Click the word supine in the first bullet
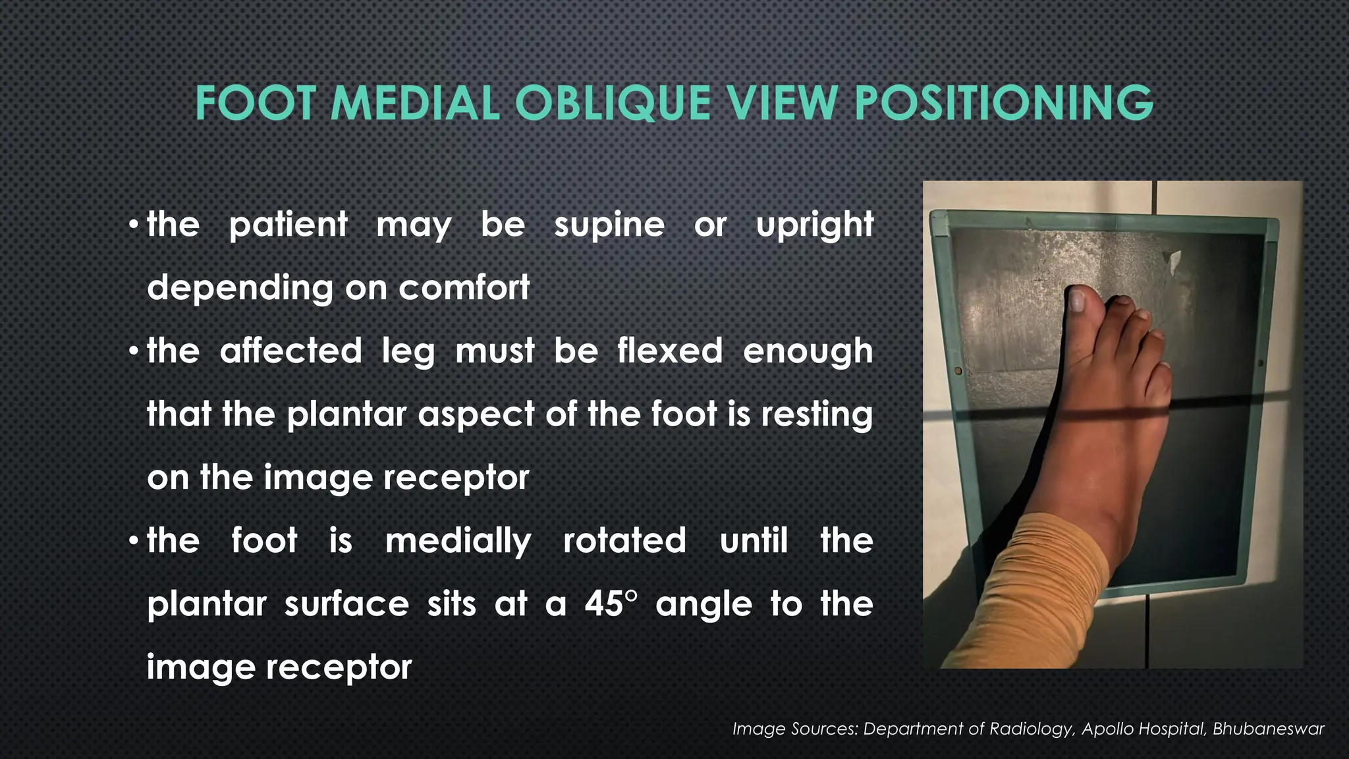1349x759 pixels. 609,225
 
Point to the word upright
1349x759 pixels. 815,225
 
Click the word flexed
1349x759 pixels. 670,351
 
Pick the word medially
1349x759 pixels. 458,541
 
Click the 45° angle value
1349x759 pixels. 611,604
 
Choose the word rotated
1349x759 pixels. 624,541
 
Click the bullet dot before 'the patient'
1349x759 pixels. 134,225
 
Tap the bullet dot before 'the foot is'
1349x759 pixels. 134,542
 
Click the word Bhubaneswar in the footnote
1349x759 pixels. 1268,729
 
